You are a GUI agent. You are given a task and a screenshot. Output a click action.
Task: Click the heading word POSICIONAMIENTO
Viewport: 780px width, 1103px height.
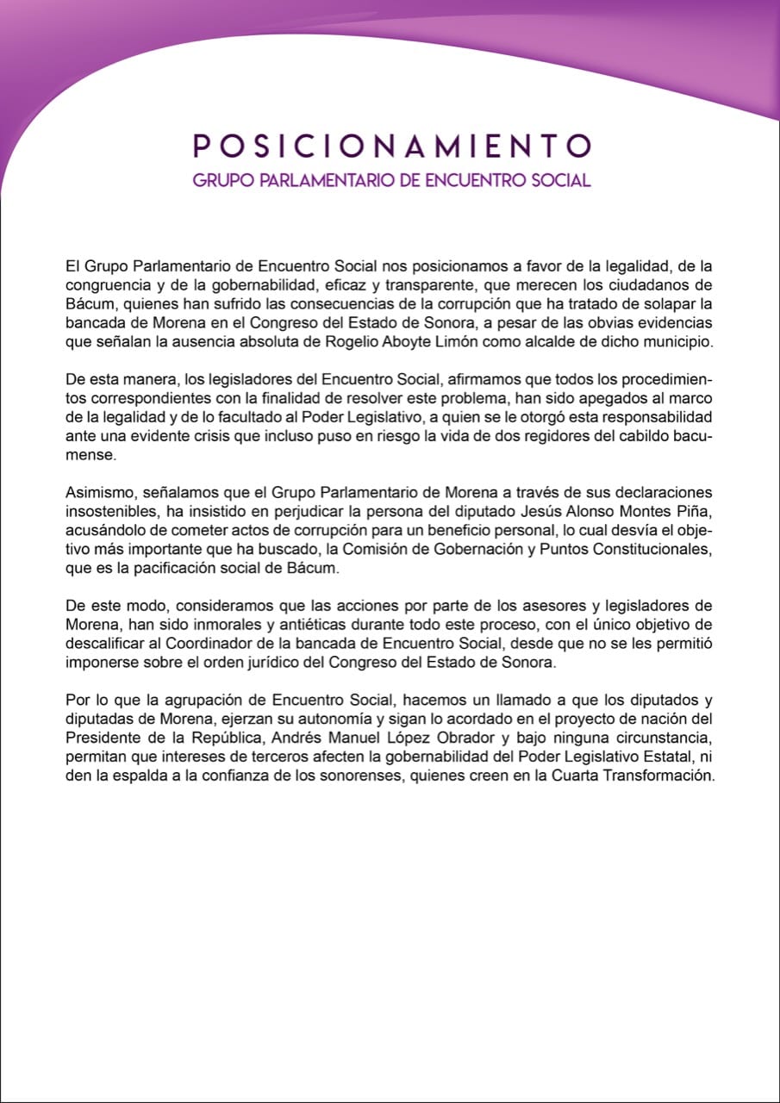pyautogui.click(x=392, y=145)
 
